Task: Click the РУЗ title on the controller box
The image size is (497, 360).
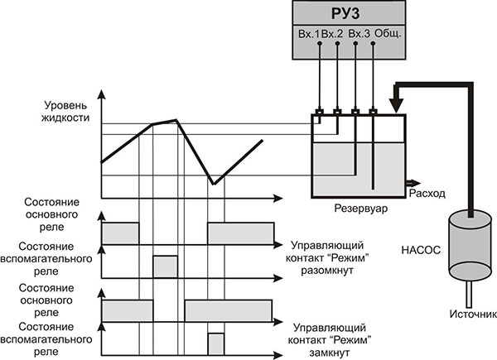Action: click(345, 13)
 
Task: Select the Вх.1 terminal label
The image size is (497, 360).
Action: click(309, 34)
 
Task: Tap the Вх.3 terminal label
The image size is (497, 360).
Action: click(359, 34)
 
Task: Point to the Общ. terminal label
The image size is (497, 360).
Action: click(388, 33)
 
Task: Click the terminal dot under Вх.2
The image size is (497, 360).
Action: click(337, 43)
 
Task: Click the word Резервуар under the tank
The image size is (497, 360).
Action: click(361, 209)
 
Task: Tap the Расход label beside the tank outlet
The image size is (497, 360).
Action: click(427, 193)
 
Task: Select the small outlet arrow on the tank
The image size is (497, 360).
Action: click(413, 183)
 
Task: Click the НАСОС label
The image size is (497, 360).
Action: click(421, 250)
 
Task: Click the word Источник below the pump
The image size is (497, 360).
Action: click(473, 314)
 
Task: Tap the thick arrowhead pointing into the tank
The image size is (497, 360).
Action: click(396, 105)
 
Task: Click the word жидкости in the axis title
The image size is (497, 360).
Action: click(65, 118)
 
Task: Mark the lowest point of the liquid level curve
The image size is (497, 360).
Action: click(215, 184)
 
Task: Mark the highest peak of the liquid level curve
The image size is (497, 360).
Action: click(176, 120)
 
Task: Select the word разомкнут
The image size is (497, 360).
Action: click(327, 271)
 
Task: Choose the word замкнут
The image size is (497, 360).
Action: click(330, 353)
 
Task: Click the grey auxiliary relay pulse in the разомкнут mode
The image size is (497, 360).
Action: click(166, 267)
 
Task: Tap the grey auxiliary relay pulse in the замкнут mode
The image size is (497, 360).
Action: click(216, 344)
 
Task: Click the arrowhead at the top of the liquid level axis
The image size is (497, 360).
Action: click(101, 94)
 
